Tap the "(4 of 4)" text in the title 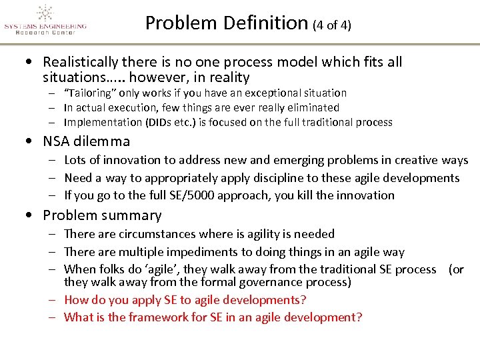coord(331,25)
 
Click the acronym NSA coord(57,141)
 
